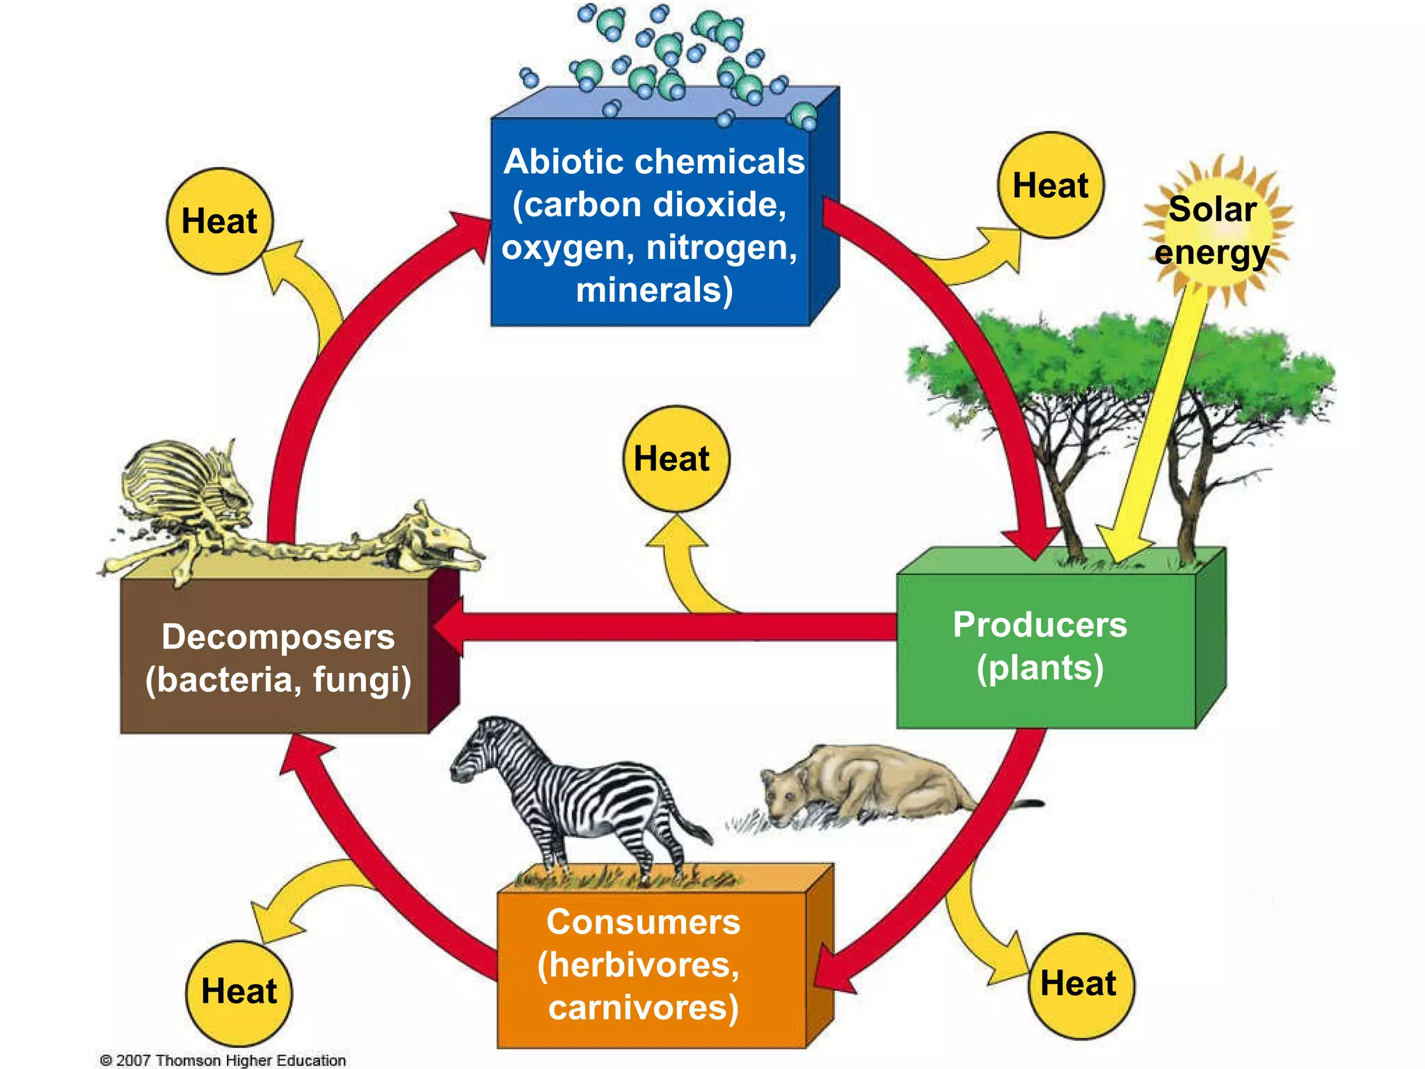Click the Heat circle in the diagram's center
676,459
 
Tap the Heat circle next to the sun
1051,186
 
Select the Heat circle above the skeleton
220,221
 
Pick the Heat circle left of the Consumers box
239,991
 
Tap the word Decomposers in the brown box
278,637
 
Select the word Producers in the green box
1040,624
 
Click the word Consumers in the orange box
643,922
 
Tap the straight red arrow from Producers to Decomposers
668,626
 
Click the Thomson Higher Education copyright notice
223,1060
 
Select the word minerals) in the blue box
654,290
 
